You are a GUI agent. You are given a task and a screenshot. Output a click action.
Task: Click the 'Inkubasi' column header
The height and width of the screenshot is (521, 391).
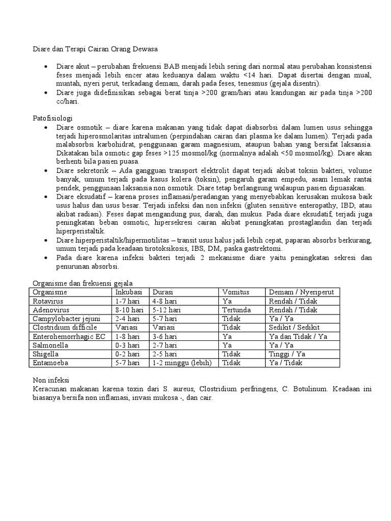130,293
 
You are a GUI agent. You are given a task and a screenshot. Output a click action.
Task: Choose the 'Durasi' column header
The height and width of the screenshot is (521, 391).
163,293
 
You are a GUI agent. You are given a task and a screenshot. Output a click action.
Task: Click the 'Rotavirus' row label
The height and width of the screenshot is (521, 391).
48,301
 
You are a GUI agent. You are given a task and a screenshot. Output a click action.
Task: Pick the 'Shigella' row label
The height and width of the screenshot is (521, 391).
46,354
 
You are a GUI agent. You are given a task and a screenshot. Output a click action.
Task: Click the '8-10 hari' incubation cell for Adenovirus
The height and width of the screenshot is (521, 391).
130,310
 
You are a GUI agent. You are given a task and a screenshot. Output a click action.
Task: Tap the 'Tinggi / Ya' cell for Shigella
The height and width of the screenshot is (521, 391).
287,354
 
